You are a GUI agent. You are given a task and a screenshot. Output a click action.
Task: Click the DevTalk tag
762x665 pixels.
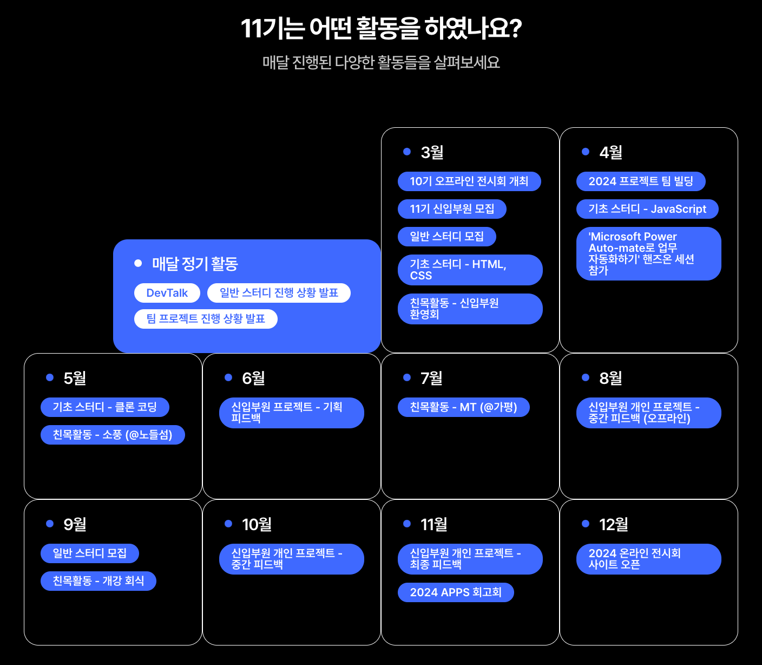tap(167, 293)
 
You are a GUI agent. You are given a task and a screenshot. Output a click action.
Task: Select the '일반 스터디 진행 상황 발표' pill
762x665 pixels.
tap(279, 293)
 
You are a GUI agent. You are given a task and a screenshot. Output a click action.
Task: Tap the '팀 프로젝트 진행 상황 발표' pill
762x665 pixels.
tap(206, 319)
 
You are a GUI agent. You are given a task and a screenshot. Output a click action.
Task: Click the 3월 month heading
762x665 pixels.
tap(432, 153)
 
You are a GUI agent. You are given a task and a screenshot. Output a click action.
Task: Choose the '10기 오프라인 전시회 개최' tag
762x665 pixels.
tap(469, 181)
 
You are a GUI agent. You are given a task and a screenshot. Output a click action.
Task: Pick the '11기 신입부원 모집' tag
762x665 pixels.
tap(452, 209)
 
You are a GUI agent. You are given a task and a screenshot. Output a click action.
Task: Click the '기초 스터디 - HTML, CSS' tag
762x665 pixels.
tap(470, 270)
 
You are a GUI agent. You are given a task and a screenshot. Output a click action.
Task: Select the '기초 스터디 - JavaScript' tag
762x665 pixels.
tap(647, 209)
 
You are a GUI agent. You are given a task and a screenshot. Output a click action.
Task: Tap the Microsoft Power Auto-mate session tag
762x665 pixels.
tap(648, 253)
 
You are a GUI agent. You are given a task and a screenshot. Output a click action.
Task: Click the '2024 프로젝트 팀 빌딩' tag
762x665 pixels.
tap(641, 181)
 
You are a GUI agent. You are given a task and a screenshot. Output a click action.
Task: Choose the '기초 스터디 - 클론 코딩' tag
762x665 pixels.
tap(105, 407)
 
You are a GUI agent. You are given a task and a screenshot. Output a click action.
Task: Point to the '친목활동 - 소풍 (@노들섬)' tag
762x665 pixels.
tap(113, 435)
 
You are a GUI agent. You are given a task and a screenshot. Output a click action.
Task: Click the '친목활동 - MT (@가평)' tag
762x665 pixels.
tap(463, 407)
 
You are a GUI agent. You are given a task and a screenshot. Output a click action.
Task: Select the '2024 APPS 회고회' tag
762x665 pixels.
tap(456, 592)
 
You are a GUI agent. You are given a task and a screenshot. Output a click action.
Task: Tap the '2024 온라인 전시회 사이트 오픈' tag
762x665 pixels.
tap(648, 559)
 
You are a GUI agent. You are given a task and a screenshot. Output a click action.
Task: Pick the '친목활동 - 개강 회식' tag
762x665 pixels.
tap(98, 581)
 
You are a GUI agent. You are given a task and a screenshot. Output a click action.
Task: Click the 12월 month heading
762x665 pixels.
tap(614, 525)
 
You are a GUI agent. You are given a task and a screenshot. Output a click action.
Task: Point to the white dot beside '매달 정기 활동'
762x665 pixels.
tap(138, 263)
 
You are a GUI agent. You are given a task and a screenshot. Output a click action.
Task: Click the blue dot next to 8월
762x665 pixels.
tap(585, 377)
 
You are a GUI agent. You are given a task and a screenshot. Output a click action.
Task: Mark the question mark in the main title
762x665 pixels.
tap(515, 29)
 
